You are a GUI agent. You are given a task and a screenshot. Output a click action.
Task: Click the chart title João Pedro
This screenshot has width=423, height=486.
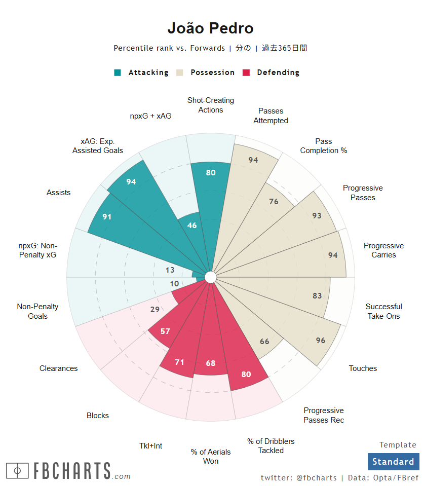click(x=211, y=28)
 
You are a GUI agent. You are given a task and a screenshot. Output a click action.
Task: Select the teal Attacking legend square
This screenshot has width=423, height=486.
click(x=118, y=72)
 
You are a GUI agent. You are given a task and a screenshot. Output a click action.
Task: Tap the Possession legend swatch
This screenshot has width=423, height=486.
click(x=180, y=72)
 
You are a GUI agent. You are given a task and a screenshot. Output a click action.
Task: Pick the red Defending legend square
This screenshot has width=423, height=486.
click(x=247, y=72)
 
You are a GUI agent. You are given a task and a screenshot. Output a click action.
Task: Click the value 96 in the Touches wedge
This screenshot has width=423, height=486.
click(x=321, y=341)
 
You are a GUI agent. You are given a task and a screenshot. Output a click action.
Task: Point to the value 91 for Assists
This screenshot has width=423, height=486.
click(x=107, y=216)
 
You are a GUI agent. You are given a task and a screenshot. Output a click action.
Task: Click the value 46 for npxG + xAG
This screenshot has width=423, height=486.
click(x=192, y=226)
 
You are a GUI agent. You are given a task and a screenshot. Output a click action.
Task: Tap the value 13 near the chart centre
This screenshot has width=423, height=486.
click(x=170, y=270)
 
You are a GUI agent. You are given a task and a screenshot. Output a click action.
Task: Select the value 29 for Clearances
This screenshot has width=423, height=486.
click(x=155, y=310)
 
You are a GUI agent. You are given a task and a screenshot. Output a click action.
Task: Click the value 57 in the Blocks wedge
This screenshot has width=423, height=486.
click(x=165, y=331)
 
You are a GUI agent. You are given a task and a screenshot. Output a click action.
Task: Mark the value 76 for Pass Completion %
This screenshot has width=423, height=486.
click(x=274, y=202)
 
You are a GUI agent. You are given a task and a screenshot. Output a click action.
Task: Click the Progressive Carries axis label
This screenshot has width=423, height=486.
click(x=383, y=250)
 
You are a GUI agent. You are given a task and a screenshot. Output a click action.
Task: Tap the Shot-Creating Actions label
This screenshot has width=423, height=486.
click(x=211, y=105)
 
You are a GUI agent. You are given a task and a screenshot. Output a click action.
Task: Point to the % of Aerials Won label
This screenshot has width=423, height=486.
click(x=211, y=456)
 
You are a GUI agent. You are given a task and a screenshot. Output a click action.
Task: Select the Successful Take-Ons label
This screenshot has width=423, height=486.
click(x=383, y=311)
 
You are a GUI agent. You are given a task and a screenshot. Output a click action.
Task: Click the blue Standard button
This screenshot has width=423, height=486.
click(x=393, y=462)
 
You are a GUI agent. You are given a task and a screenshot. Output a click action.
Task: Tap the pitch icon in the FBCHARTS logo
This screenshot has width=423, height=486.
click(x=18, y=471)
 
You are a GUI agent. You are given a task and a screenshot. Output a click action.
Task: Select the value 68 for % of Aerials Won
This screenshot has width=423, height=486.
click(x=211, y=363)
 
